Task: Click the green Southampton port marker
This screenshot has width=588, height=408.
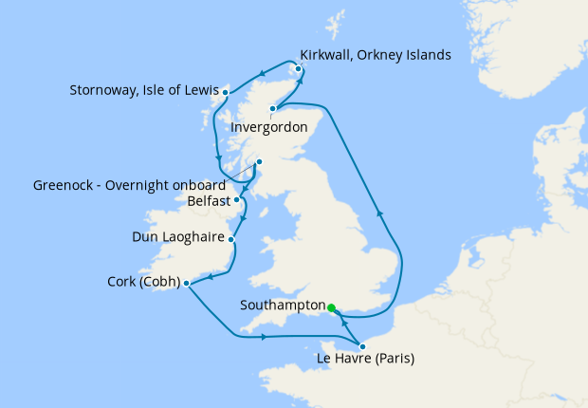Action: pyautogui.click(x=331, y=307)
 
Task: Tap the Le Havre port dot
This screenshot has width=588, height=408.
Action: pyautogui.click(x=362, y=346)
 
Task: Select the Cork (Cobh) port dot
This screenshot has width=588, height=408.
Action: pyautogui.click(x=186, y=283)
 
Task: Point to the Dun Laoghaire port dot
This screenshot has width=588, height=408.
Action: pyautogui.click(x=232, y=240)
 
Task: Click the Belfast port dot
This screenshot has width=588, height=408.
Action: pyautogui.click(x=237, y=200)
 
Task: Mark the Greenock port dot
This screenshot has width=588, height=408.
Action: pyautogui.click(x=260, y=162)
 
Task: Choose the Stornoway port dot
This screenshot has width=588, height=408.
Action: pyautogui.click(x=225, y=92)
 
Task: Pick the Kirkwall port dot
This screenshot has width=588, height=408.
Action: pyautogui.click(x=298, y=68)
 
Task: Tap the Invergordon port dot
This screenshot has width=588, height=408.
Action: pyautogui.click(x=272, y=109)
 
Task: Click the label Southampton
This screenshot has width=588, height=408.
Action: pyautogui.click(x=283, y=306)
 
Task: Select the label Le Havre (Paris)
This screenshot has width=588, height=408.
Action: pyautogui.click(x=364, y=359)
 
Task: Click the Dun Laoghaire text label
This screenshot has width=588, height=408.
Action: pyautogui.click(x=177, y=237)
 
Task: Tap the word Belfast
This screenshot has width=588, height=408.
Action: pyautogui.click(x=210, y=201)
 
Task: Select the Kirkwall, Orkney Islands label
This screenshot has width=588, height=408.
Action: pyautogui.click(x=375, y=55)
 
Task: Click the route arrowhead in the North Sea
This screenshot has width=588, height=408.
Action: pyautogui.click(x=379, y=213)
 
